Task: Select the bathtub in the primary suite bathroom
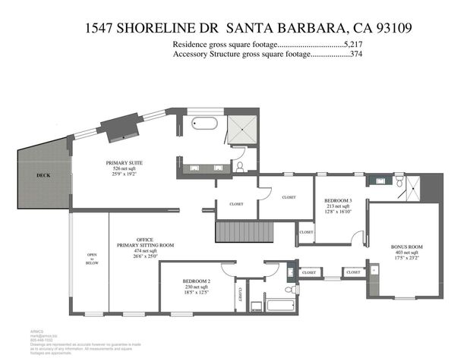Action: point(203,124)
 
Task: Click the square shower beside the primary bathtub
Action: point(244,127)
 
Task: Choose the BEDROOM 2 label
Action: point(197,281)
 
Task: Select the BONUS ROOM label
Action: point(406,247)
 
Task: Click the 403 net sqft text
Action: point(406,254)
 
